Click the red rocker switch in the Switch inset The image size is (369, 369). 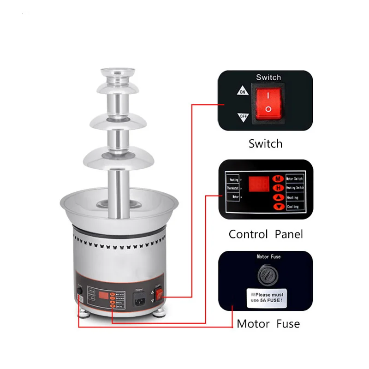268,102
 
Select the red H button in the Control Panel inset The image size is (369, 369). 278,188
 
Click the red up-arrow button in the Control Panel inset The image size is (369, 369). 278,197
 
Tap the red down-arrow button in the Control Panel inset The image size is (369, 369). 278,207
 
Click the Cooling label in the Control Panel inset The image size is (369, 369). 293,207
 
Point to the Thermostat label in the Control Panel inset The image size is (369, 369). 232,188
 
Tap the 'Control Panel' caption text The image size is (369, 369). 266,234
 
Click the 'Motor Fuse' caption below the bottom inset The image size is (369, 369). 268,324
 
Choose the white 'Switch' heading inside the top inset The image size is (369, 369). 268,77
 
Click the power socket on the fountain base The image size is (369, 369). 139,300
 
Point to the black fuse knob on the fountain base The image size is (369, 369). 79,291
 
